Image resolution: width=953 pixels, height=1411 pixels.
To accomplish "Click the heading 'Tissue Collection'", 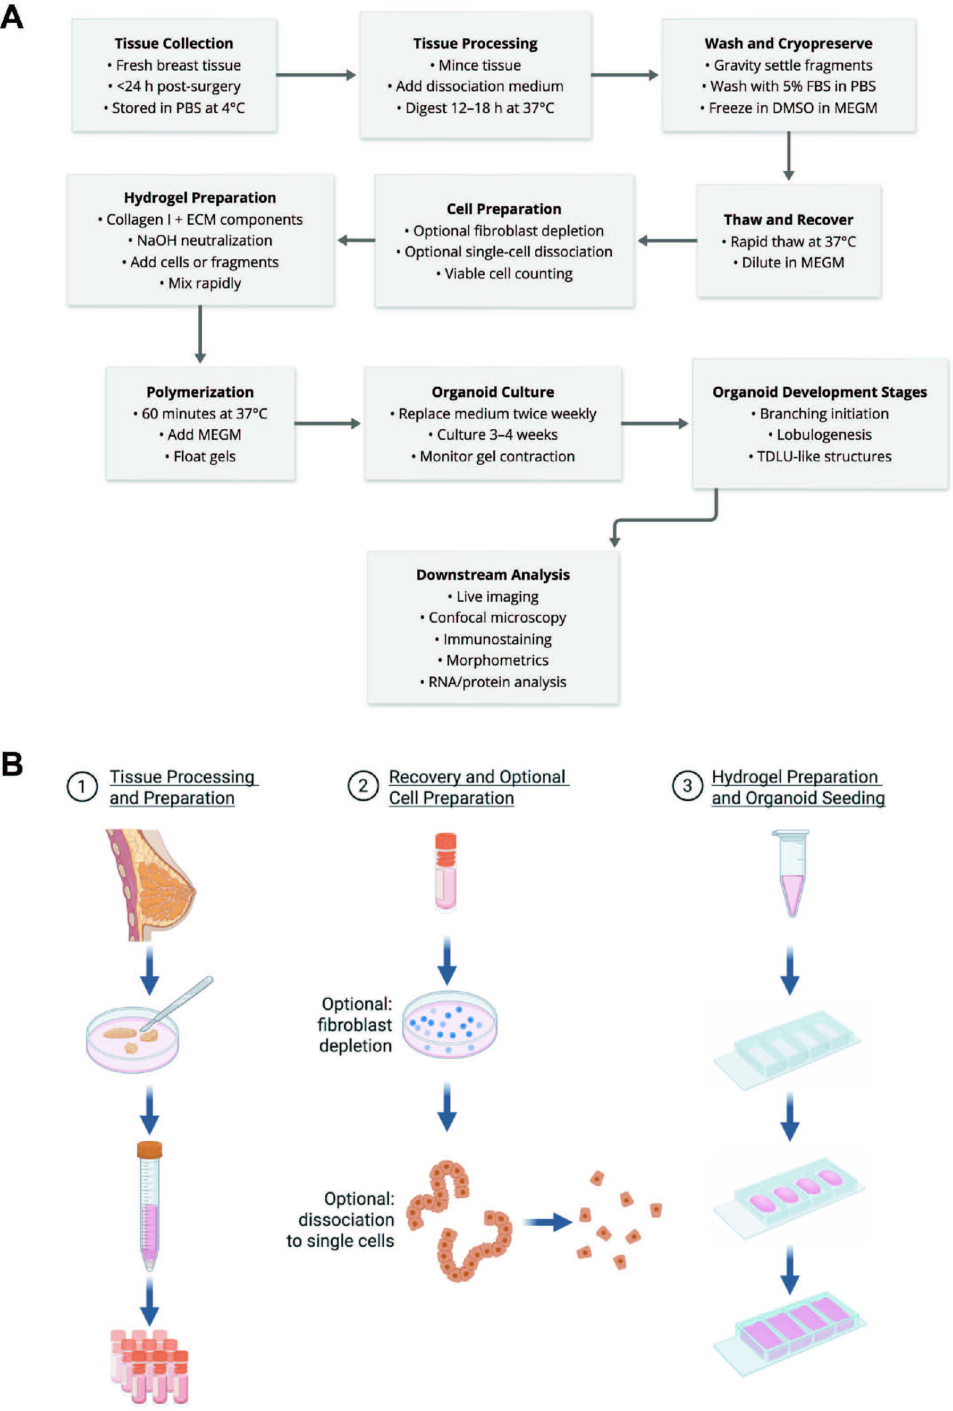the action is click(174, 44).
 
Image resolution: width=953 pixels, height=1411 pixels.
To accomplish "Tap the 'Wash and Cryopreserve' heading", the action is click(788, 44).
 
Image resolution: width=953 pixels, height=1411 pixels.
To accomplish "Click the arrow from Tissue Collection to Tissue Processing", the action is click(316, 75).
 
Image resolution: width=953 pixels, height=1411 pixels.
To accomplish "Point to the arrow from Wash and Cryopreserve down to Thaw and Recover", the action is click(788, 156).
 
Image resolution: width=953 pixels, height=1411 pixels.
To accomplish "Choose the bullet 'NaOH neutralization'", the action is click(200, 241).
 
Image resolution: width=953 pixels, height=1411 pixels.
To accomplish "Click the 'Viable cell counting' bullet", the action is click(504, 274).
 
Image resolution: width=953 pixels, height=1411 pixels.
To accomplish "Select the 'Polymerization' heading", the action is click(200, 392).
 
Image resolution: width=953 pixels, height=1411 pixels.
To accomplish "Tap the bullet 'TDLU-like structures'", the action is click(820, 456).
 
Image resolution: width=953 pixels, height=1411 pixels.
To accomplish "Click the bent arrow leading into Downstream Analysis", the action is click(665, 520).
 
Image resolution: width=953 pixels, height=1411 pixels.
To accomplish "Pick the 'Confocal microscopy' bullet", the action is click(493, 617).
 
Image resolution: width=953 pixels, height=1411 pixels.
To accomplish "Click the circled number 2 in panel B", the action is click(363, 786).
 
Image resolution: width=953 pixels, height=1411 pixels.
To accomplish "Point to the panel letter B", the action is click(12, 764).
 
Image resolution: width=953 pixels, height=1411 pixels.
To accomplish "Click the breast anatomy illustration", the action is click(150, 885).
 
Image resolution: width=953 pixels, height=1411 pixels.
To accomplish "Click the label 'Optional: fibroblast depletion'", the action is click(356, 1024).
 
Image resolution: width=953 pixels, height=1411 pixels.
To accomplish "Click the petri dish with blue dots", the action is click(450, 1024).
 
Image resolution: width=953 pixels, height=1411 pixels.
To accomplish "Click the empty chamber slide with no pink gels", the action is click(787, 1050).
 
